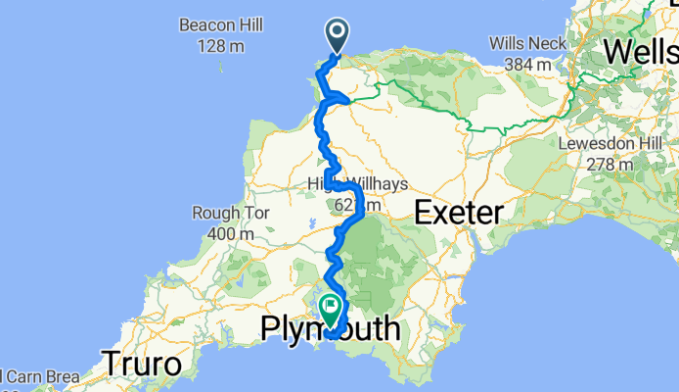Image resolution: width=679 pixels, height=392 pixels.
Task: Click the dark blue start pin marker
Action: click(337, 35)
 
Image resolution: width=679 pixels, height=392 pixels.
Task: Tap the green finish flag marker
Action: click(330, 309)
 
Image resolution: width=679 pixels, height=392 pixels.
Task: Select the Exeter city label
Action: click(459, 211)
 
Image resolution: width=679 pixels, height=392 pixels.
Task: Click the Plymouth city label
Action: click(331, 330)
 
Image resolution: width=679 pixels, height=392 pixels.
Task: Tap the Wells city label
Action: click(641, 50)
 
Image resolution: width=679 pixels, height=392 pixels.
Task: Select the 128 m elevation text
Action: click(217, 45)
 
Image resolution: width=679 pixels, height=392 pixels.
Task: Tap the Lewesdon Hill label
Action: click(613, 143)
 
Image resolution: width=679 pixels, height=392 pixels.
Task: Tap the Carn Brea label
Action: click(33, 376)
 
